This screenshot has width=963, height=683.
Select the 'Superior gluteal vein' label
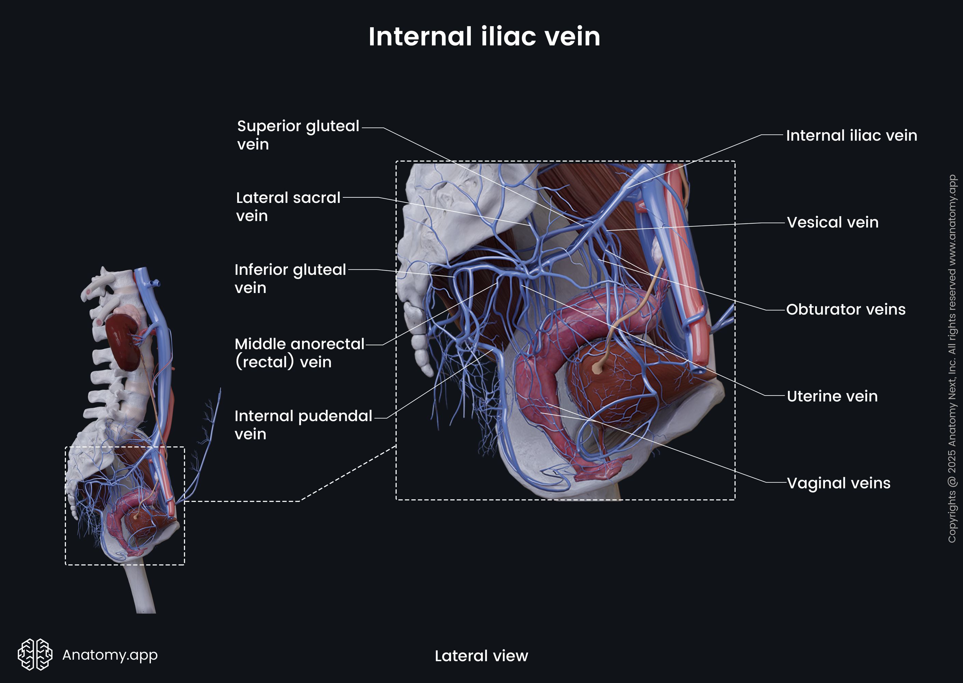coord(298,135)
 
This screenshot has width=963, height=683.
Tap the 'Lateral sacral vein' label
coord(288,206)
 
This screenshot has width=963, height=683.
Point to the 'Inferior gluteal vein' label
coord(290,278)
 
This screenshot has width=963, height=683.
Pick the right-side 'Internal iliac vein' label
coord(851,136)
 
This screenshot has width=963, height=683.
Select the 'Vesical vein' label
coord(832,222)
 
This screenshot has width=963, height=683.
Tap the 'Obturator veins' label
coord(845,309)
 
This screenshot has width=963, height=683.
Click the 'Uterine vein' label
coord(832,396)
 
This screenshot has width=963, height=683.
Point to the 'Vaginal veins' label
coord(838,483)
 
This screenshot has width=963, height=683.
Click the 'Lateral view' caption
coord(481,656)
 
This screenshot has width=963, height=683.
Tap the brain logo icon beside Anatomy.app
coord(35,654)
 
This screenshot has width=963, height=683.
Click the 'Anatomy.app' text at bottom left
coord(110,654)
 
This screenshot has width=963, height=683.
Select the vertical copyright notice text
coord(952,358)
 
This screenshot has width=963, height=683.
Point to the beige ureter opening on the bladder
coord(596,368)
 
